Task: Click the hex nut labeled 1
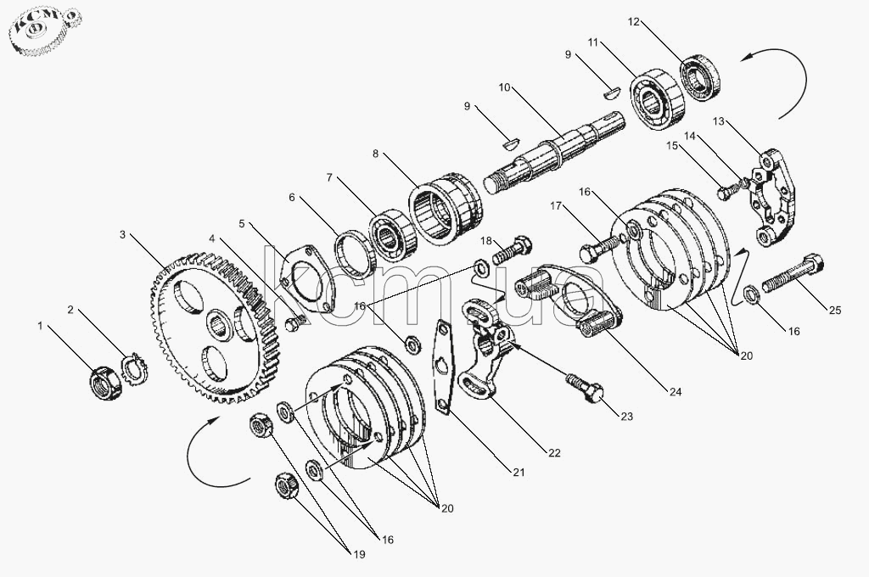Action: [x=105, y=383]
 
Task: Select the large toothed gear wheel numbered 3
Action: [x=215, y=327]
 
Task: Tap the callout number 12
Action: [x=633, y=21]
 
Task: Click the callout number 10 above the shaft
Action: [x=504, y=87]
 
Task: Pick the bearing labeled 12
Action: [x=701, y=77]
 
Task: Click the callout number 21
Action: [x=519, y=473]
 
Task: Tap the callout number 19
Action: [x=359, y=554]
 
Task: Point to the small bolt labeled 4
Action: [x=294, y=323]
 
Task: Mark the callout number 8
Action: [x=375, y=154]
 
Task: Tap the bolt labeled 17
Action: [x=600, y=248]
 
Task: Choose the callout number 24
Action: [x=675, y=392]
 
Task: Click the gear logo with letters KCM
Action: [x=44, y=32]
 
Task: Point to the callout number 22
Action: [x=554, y=453]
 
